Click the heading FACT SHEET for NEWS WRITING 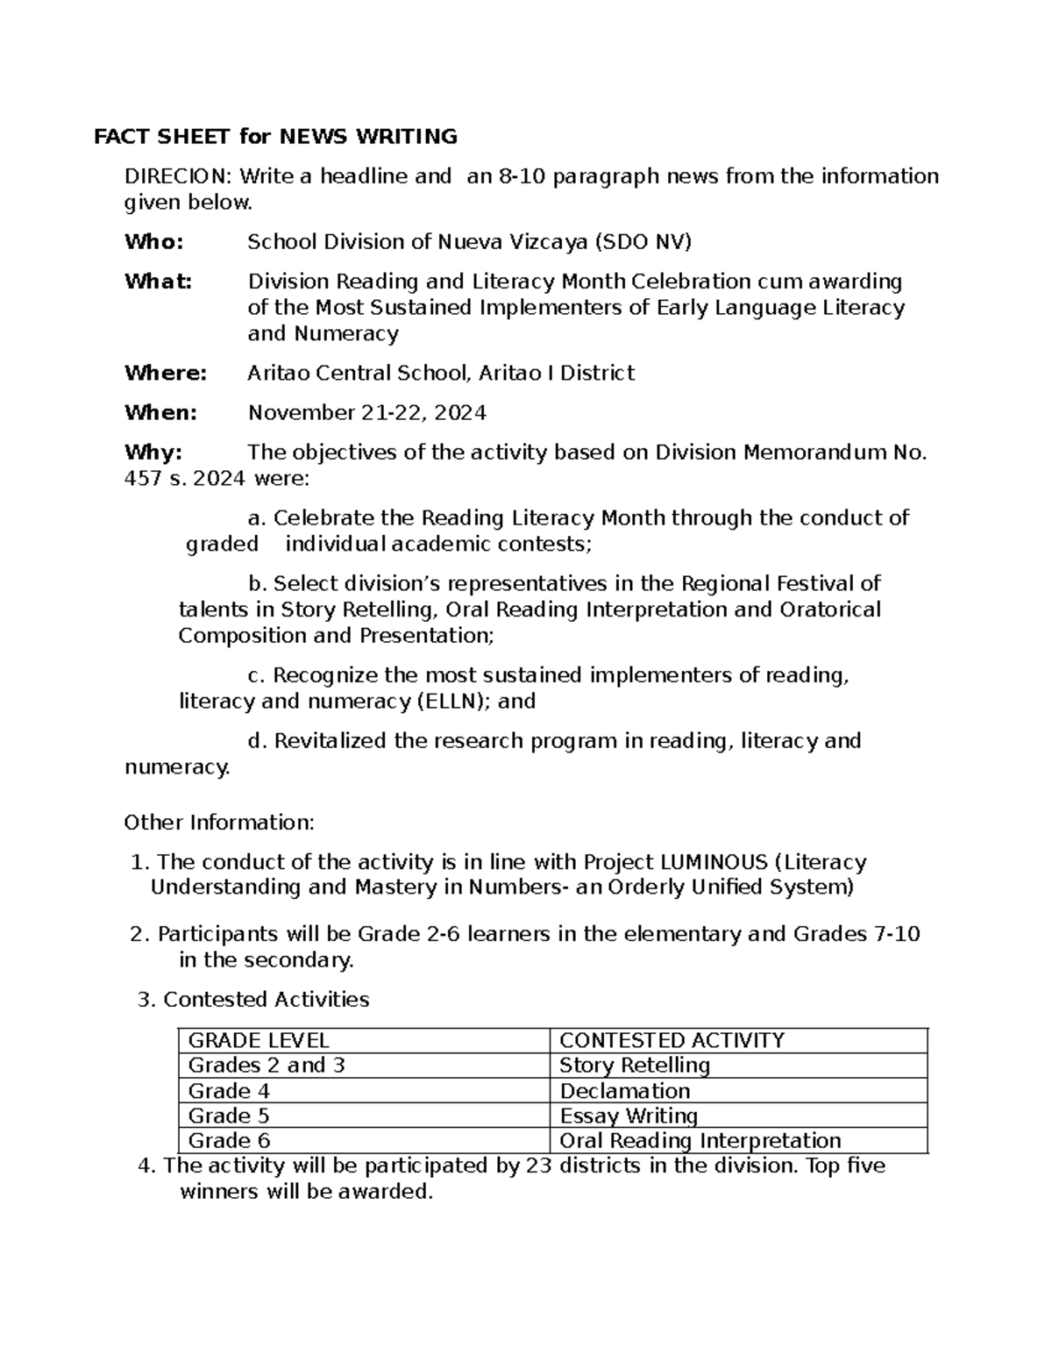click(276, 136)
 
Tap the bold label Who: click(154, 241)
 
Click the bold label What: click(158, 282)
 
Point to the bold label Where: click(166, 373)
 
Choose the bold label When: click(161, 412)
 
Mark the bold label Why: click(153, 453)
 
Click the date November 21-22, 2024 click(367, 412)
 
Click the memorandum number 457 click(142, 479)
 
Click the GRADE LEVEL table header click(259, 1040)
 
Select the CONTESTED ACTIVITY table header click(672, 1040)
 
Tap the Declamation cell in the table click(625, 1091)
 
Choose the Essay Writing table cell click(629, 1116)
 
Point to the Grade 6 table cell click(229, 1140)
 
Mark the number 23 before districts click(537, 1166)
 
